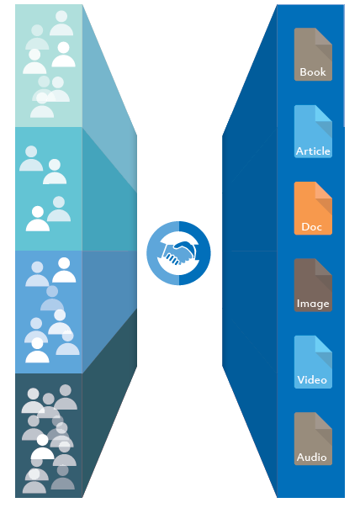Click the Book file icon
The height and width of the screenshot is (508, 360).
click(x=313, y=54)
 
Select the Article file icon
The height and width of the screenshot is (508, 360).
click(x=313, y=131)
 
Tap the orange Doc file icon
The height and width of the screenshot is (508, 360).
click(x=313, y=208)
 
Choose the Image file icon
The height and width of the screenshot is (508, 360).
click(x=313, y=285)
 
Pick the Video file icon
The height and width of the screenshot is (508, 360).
click(x=313, y=362)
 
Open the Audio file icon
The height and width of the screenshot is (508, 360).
click(x=313, y=439)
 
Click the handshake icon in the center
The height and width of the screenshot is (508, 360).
click(x=178, y=253)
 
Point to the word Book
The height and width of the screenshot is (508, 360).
click(x=313, y=72)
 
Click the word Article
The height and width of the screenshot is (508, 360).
click(x=313, y=151)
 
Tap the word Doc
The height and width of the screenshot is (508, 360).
click(x=311, y=227)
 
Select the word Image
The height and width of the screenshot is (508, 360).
click(x=313, y=304)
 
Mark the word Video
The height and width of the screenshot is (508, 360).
click(x=312, y=379)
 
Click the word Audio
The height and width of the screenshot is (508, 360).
click(x=312, y=458)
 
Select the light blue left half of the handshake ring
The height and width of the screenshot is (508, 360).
click(x=152, y=253)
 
